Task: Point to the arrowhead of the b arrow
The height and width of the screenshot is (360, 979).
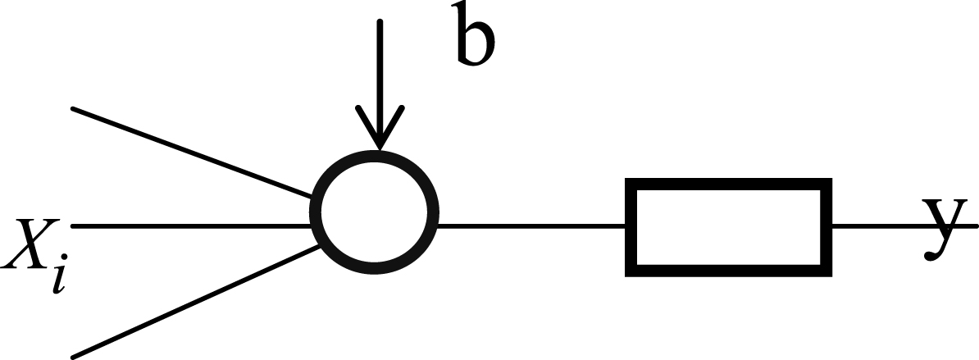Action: click(x=380, y=128)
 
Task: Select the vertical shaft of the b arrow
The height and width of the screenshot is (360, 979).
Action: click(x=380, y=84)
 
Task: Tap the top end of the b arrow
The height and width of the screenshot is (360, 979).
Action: click(x=380, y=22)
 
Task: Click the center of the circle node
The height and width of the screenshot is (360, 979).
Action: click(x=374, y=212)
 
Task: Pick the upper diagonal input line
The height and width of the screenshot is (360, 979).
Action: click(x=192, y=153)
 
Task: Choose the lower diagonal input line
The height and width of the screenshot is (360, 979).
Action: click(x=196, y=301)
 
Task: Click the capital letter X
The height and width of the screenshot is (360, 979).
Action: click(x=30, y=244)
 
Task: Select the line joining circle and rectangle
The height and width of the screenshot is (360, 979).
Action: click(x=531, y=226)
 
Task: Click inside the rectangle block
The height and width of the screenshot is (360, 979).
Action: click(x=728, y=228)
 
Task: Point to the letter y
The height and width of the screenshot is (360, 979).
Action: click(x=944, y=230)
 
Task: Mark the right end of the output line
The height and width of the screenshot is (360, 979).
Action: click(x=976, y=226)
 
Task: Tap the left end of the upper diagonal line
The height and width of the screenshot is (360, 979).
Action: click(x=73, y=109)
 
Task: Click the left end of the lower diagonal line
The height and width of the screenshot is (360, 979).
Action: click(x=73, y=357)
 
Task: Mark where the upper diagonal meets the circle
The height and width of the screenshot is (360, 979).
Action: click(x=312, y=197)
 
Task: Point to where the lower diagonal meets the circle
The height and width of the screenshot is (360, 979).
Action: click(x=321, y=247)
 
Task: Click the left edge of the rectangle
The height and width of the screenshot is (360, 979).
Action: click(x=631, y=228)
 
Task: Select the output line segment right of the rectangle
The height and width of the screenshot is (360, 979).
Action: click(x=904, y=226)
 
